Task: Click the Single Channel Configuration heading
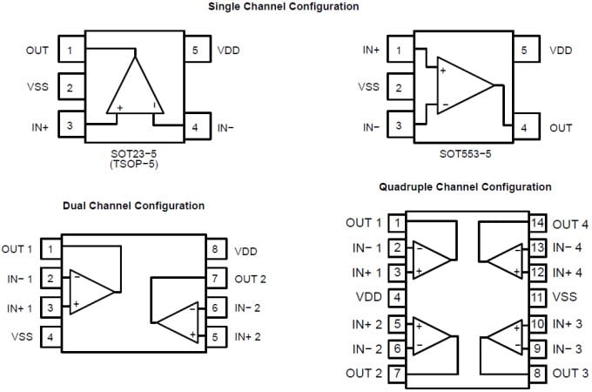click(x=282, y=7)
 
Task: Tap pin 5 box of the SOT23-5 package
click(x=196, y=50)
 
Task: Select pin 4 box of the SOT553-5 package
click(x=524, y=127)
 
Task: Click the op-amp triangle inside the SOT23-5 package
click(x=134, y=89)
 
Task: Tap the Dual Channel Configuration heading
click(x=134, y=206)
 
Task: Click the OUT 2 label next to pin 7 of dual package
click(x=251, y=279)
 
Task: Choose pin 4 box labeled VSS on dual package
click(x=50, y=336)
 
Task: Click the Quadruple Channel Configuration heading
click(x=465, y=186)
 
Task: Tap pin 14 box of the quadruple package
click(x=537, y=223)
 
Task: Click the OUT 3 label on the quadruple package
click(x=570, y=374)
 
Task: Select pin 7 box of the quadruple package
click(x=398, y=374)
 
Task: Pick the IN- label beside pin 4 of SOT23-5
click(x=226, y=127)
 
